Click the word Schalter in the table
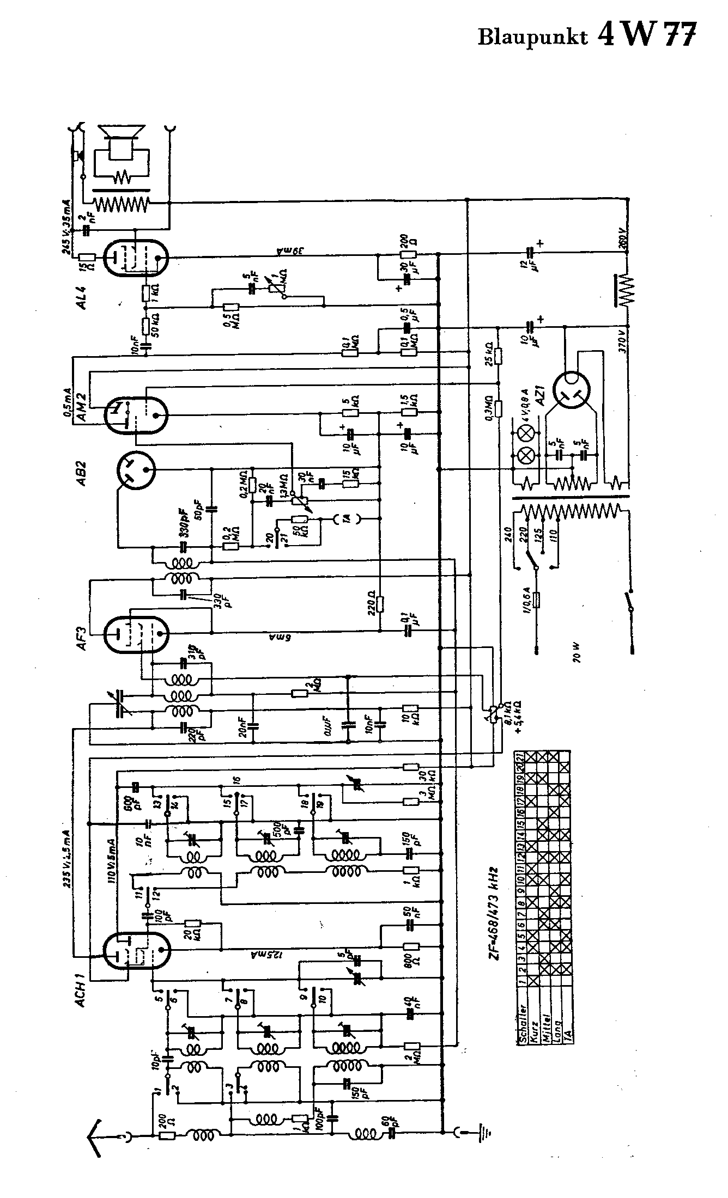(x=522, y=1021)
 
